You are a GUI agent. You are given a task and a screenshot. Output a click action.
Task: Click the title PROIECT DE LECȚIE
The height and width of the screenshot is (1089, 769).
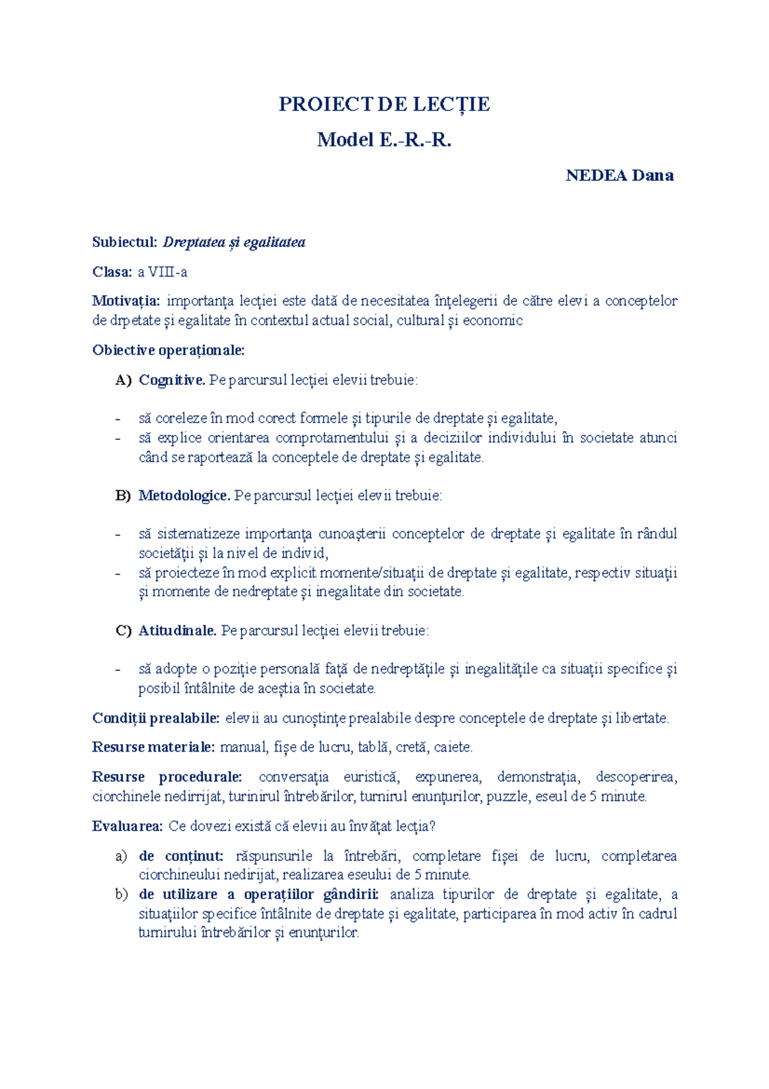tap(384, 104)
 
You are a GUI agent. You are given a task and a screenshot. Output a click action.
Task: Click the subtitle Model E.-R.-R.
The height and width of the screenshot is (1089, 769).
tap(384, 139)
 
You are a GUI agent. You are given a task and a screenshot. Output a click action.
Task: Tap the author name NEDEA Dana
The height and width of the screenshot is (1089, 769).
tap(619, 175)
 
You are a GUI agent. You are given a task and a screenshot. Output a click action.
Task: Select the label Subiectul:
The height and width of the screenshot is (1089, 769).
tap(124, 242)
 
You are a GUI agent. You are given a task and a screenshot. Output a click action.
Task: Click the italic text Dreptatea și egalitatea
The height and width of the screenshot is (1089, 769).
tap(234, 242)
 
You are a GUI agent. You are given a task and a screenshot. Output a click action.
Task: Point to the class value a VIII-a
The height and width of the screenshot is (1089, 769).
tap(162, 272)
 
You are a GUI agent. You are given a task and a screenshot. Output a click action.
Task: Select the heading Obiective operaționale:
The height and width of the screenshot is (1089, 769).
tap(169, 350)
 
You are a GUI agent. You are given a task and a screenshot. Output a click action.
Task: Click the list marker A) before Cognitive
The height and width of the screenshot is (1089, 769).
tap(123, 380)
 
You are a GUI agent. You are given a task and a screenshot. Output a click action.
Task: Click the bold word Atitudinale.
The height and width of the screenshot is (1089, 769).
tap(178, 630)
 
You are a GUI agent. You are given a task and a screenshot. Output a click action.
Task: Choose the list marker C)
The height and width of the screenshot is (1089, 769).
tap(123, 630)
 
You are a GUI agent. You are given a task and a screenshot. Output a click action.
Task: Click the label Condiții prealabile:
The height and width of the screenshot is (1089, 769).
tap(156, 718)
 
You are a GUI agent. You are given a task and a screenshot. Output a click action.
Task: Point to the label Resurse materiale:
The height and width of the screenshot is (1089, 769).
tap(153, 747)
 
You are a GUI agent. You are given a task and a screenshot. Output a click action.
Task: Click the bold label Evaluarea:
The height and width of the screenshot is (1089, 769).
tap(128, 826)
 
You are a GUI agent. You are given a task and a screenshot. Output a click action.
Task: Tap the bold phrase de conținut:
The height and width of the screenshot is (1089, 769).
tap(181, 856)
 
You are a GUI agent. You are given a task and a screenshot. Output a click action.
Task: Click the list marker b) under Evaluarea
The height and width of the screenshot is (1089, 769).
tap(122, 894)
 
